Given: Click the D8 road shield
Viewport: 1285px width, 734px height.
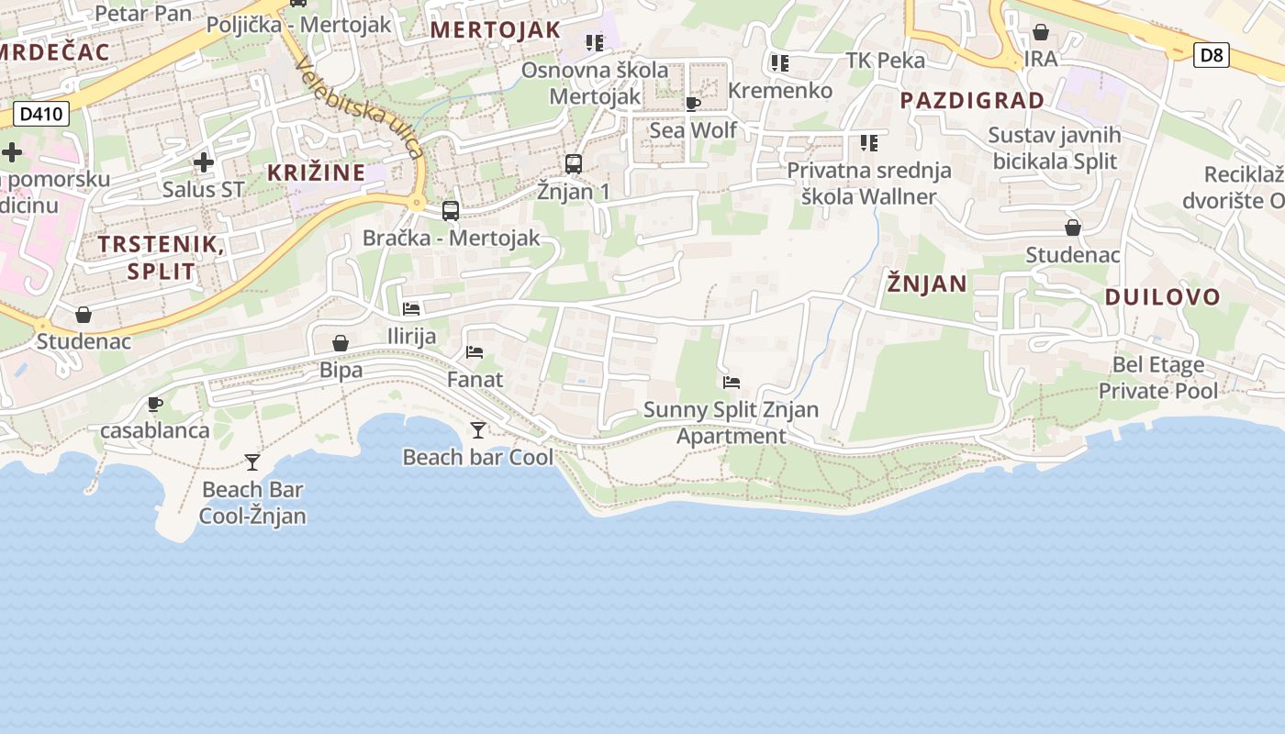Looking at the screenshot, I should pyautogui.click(x=1212, y=55).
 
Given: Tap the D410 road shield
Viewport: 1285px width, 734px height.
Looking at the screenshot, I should pyautogui.click(x=41, y=115).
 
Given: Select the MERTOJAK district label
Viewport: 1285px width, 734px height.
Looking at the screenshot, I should pyautogui.click(x=495, y=29).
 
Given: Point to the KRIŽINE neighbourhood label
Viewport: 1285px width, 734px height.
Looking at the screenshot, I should pyautogui.click(x=316, y=172).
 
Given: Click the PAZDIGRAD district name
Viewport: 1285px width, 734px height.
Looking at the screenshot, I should pyautogui.click(x=972, y=100).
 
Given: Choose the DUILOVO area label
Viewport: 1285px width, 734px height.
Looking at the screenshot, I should pyautogui.click(x=1162, y=296).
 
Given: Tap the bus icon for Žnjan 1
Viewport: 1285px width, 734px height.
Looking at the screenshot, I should pyautogui.click(x=574, y=164).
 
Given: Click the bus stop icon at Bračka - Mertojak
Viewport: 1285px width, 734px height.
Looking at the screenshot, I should pyautogui.click(x=451, y=210).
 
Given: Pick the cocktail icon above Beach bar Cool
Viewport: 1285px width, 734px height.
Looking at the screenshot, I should pyautogui.click(x=478, y=429).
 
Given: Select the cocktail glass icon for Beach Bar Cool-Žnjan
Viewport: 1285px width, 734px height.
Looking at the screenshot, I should pyautogui.click(x=252, y=462).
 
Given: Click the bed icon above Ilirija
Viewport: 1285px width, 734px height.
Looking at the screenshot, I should pyautogui.click(x=411, y=309).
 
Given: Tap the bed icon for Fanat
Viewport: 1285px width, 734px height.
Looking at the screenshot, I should pyautogui.click(x=475, y=351).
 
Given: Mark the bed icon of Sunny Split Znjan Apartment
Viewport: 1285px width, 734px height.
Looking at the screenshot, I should pyautogui.click(x=732, y=382).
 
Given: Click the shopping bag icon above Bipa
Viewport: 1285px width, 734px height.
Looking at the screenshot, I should pyautogui.click(x=341, y=343).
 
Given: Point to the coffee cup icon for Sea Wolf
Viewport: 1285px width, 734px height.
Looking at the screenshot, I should pyautogui.click(x=693, y=104).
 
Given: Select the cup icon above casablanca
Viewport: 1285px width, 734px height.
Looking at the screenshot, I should pyautogui.click(x=155, y=404).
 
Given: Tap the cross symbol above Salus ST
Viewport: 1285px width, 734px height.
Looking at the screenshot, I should pyautogui.click(x=204, y=162).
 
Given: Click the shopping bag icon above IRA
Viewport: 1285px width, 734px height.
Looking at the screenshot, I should pyautogui.click(x=1041, y=33).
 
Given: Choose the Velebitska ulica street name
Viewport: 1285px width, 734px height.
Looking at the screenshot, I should pyautogui.click(x=360, y=107).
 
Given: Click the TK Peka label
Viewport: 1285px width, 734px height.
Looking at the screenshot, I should pyautogui.click(x=885, y=61).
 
